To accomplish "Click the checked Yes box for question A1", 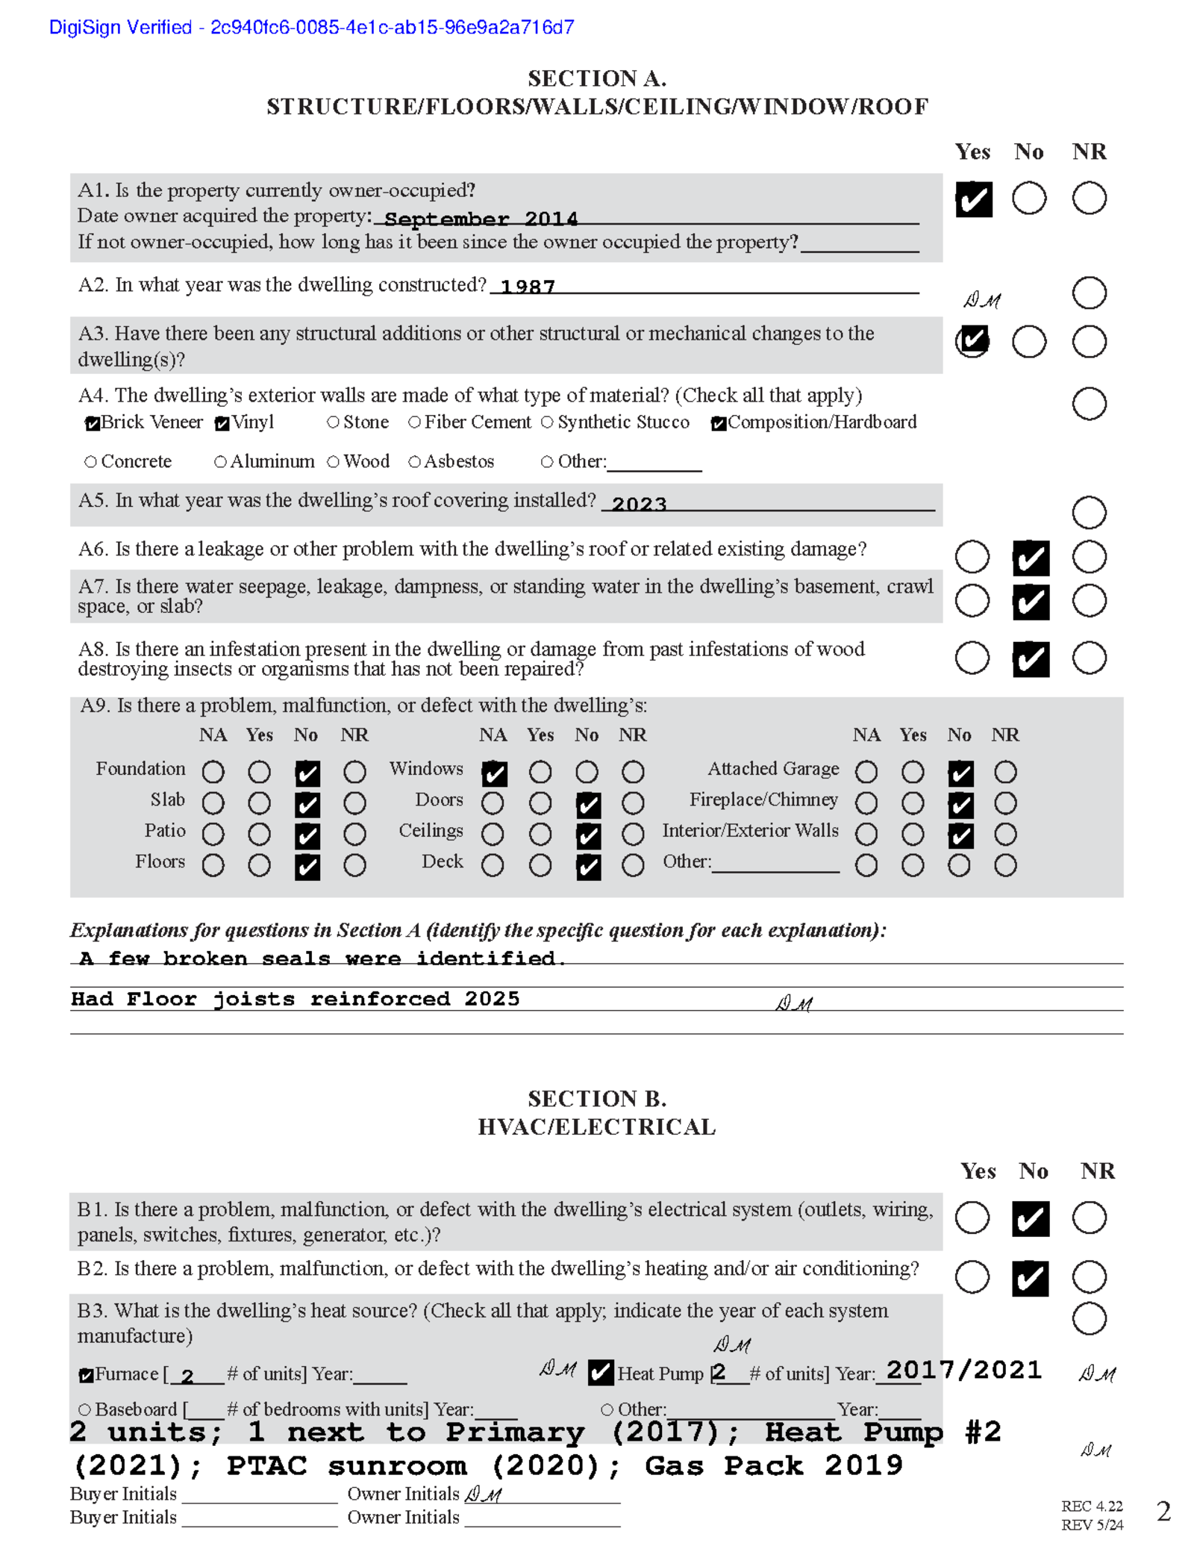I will [x=973, y=199].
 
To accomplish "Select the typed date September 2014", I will [x=481, y=219].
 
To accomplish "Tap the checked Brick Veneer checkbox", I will [x=92, y=424].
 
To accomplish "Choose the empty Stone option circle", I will [x=333, y=423].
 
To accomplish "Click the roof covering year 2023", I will [x=639, y=504].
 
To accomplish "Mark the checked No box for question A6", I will [x=1031, y=558].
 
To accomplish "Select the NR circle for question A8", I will [x=1089, y=658].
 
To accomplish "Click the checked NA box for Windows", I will [x=494, y=773].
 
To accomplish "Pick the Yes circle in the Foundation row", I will [x=259, y=772].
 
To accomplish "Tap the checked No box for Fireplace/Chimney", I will [x=960, y=805].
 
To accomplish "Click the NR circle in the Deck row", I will [x=633, y=866].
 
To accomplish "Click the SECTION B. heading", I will [x=597, y=1099].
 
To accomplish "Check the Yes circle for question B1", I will [x=972, y=1218].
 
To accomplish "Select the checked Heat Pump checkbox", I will [x=600, y=1373].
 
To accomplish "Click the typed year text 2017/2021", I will [x=963, y=1370].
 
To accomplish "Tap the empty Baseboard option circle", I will [x=84, y=1409].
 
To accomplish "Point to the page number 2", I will [x=1163, y=1512].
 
